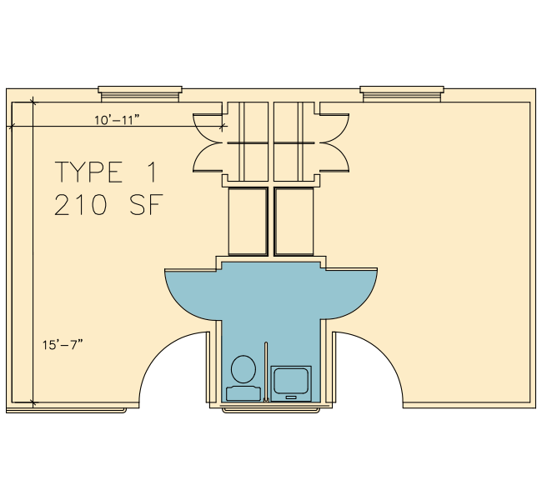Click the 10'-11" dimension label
coord(117,120)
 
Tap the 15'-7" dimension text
coord(63,344)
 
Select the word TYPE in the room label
coord(89,172)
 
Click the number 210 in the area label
coord(81,205)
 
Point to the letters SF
coord(146,205)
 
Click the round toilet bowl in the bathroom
coord(243,369)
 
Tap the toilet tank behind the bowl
coord(243,393)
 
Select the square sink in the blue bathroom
coord(291,383)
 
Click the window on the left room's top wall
coord(140,94)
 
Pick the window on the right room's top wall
coord(402,94)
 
